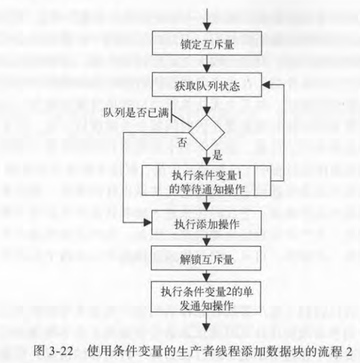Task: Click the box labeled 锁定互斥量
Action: pyautogui.click(x=207, y=43)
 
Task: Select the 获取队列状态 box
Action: pyautogui.click(x=207, y=85)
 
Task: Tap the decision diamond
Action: pyautogui.click(x=207, y=132)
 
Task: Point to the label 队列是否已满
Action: pyautogui.click(x=136, y=113)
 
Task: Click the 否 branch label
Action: pyautogui.click(x=182, y=142)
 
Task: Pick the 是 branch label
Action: pyautogui.click(x=217, y=155)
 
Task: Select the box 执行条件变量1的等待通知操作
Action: pyautogui.click(x=206, y=181)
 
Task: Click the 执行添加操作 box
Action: pyautogui.click(x=207, y=222)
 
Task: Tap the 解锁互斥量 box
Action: pyautogui.click(x=206, y=258)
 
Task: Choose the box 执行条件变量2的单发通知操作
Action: pyautogui.click(x=206, y=297)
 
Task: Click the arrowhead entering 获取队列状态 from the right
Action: pyautogui.click(x=266, y=85)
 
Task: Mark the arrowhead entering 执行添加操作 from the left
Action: pyautogui.click(x=147, y=222)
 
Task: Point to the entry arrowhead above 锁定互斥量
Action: pyautogui.click(x=207, y=27)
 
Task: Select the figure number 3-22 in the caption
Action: pyautogui.click(x=61, y=351)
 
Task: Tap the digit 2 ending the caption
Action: pyautogui.click(x=349, y=351)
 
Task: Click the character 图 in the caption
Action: pyautogui.click(x=39, y=351)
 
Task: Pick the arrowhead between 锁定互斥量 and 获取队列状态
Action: pyautogui.click(x=207, y=68)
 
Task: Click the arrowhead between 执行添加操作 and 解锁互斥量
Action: pyautogui.click(x=207, y=242)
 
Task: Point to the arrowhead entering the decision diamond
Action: pyautogui.click(x=207, y=111)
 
